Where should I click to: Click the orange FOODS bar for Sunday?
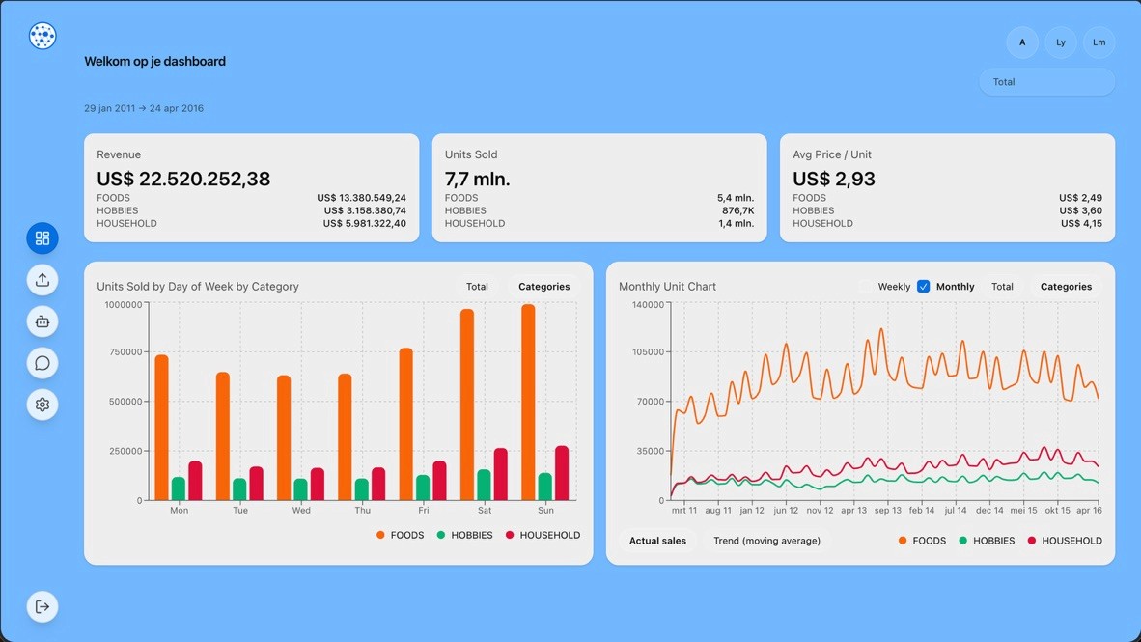[528, 403]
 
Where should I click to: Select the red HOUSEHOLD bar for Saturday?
[500, 474]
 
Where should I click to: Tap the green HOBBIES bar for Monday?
[179, 488]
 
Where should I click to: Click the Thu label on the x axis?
[362, 511]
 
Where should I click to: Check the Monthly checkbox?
[923, 287]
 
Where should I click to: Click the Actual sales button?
[657, 541]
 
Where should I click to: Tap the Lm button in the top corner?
[1099, 42]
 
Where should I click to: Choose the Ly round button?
[1060, 42]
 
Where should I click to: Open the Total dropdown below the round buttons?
[1046, 82]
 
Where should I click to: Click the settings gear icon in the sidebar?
[42, 405]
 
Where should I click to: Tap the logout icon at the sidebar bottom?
[42, 606]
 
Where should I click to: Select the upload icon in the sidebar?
[42, 280]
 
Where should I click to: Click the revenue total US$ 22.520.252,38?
[183, 179]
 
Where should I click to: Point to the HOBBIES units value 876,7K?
[737, 210]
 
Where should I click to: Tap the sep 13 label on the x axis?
[887, 511]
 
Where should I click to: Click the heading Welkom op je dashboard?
[154, 61]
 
